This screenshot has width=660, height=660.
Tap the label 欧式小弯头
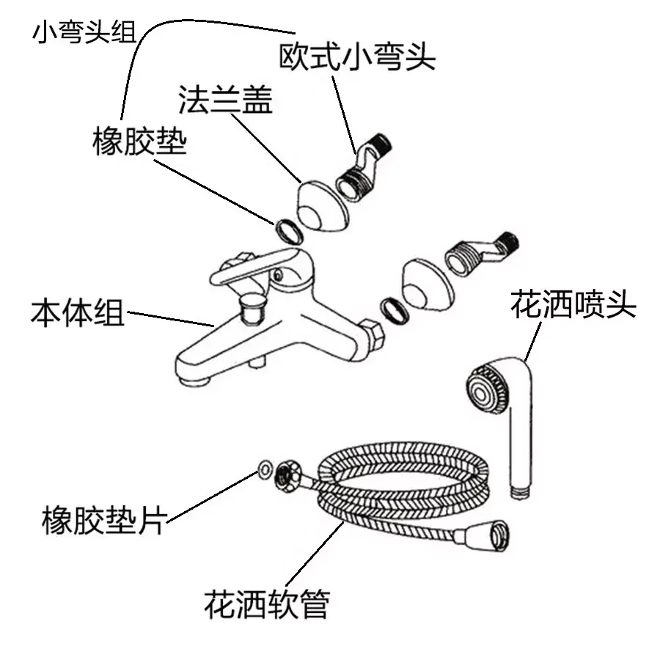357,56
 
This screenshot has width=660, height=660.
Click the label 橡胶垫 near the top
139,140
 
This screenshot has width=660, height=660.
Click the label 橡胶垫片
103,521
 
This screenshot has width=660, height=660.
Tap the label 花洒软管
267,604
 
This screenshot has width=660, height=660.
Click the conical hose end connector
492,535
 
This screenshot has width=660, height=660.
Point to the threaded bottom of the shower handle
518,490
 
